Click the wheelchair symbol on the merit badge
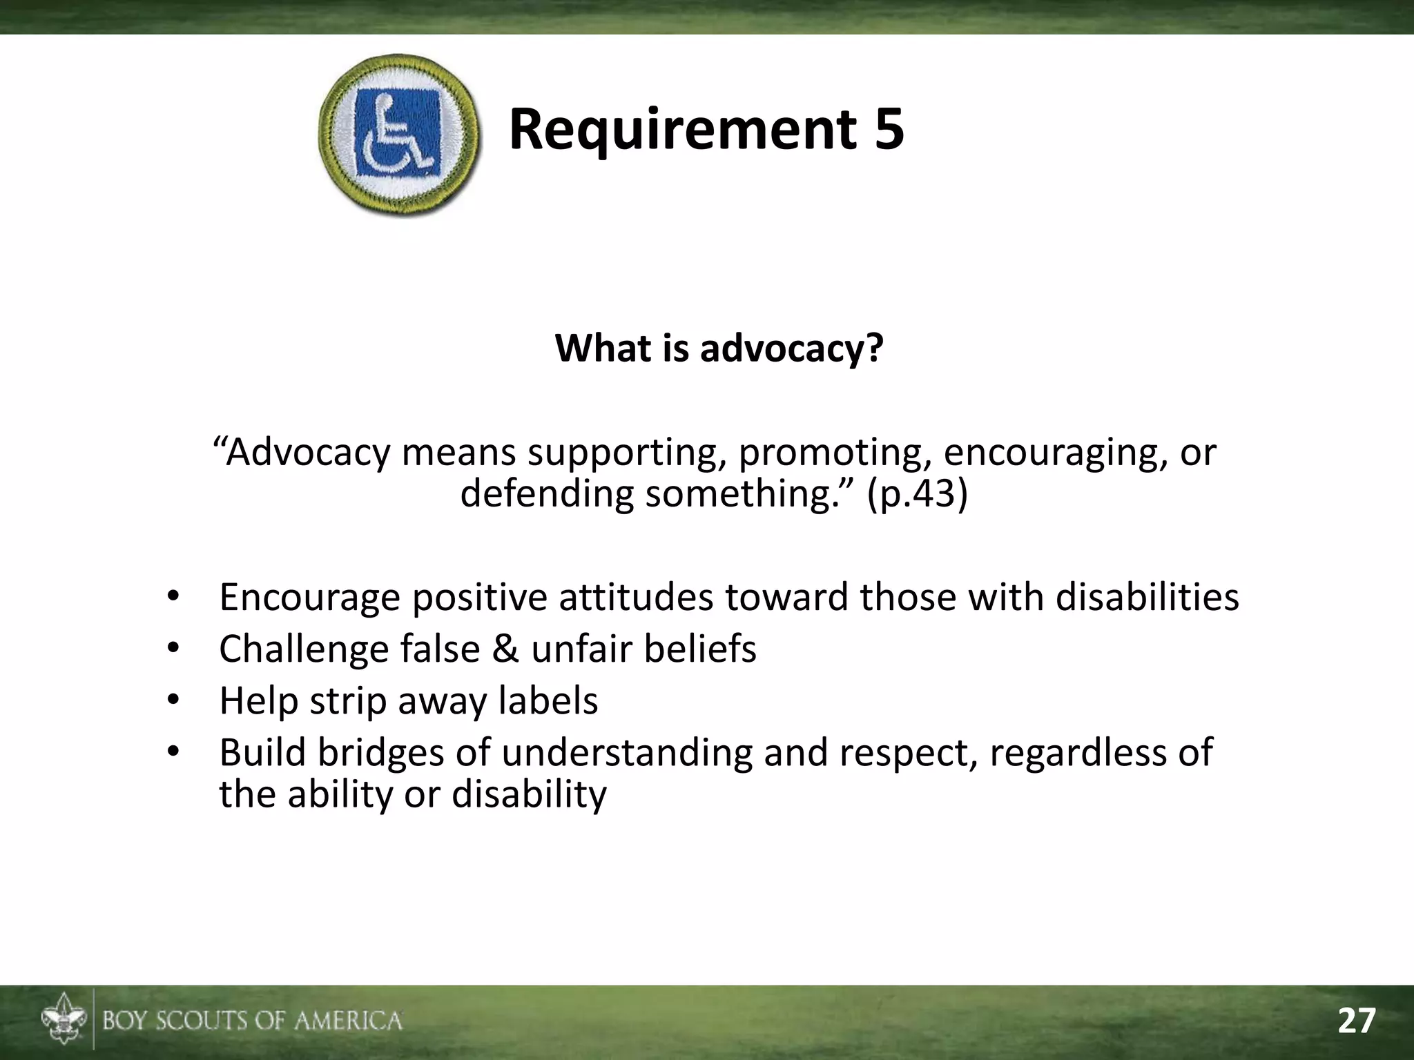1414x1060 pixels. coord(398,133)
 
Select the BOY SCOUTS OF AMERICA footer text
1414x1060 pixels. coord(252,1021)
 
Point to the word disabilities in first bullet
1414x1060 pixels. coord(1147,597)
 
